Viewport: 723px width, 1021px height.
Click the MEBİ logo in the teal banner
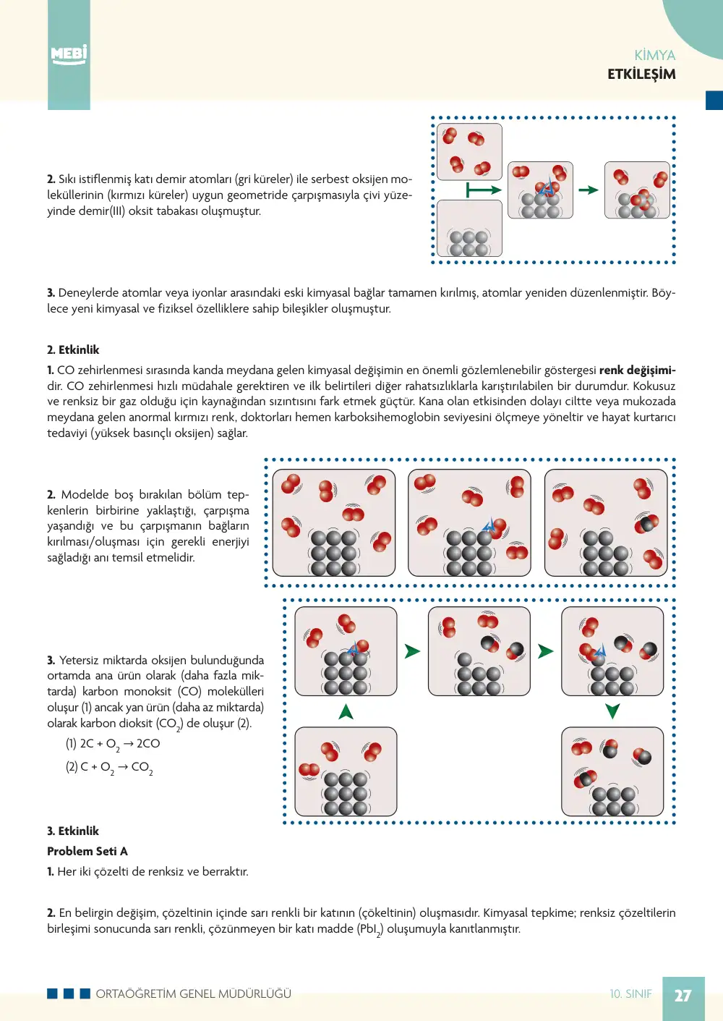[x=69, y=55]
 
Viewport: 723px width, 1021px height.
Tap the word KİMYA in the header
[x=655, y=55]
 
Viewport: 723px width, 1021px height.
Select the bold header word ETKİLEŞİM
[x=641, y=74]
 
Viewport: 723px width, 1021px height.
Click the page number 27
[x=683, y=996]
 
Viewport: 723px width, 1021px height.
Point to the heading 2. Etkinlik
[x=73, y=349]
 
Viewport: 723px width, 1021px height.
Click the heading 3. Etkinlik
[x=73, y=831]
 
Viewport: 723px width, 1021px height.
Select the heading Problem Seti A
[x=87, y=851]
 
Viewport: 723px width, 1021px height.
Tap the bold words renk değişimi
[x=638, y=370]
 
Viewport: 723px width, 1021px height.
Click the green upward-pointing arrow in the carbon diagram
[x=346, y=711]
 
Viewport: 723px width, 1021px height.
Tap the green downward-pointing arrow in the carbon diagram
[x=612, y=711]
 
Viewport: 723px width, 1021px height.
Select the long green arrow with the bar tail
[x=484, y=190]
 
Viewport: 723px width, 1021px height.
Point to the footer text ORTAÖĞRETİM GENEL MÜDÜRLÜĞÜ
[x=194, y=994]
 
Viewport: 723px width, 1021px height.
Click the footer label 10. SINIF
[x=630, y=994]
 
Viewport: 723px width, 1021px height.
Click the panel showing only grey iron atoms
[x=469, y=229]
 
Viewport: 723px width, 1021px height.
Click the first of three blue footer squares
[x=52, y=994]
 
